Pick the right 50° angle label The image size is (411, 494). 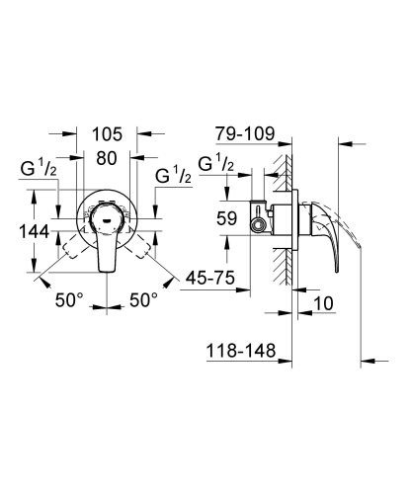tap(146, 298)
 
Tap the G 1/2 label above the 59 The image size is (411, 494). tap(216, 163)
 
